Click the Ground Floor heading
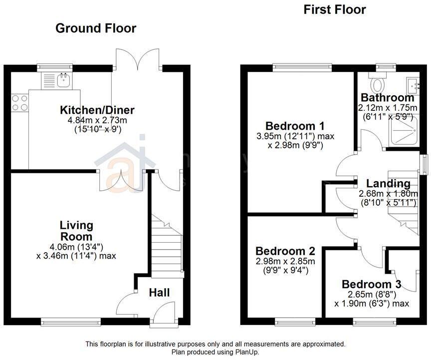(95, 28)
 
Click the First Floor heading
(335, 9)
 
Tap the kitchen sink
(63, 79)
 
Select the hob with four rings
(19, 103)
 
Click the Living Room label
(76, 231)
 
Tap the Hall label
(159, 293)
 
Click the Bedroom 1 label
(288, 125)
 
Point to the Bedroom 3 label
(372, 284)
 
